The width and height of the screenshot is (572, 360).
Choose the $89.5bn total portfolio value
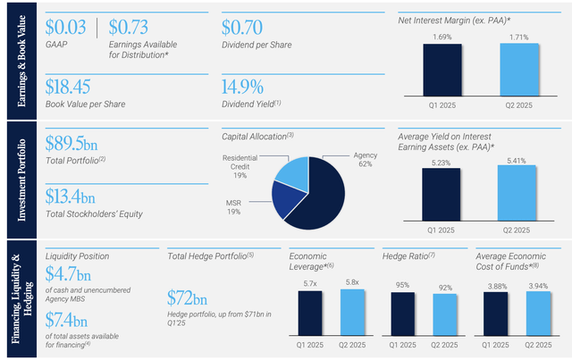(81, 146)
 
